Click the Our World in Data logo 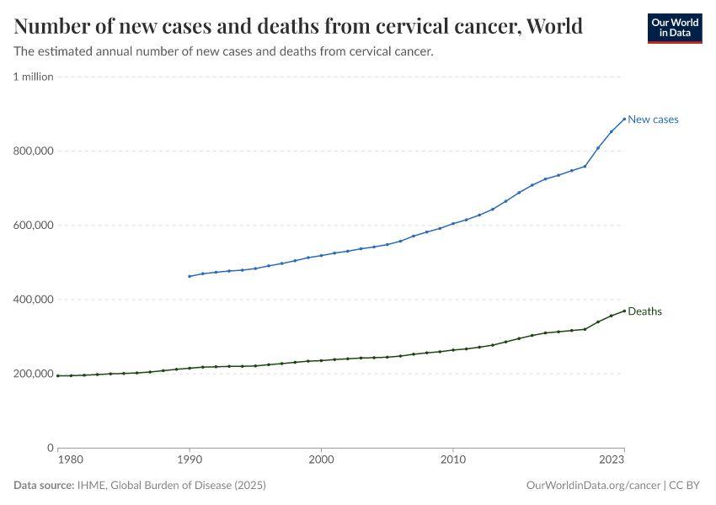tap(674, 28)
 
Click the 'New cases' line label tap(653, 120)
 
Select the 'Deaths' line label tap(644, 311)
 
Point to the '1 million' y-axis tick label tap(33, 77)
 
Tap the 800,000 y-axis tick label tap(33, 151)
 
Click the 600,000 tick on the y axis tap(33, 226)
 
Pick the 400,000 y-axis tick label tap(33, 300)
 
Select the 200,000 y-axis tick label tap(33, 374)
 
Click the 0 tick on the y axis tap(50, 448)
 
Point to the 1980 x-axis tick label tap(70, 460)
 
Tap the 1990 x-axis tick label tap(190, 460)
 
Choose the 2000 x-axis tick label tap(321, 460)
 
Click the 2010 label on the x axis tap(453, 460)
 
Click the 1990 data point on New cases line tap(190, 276)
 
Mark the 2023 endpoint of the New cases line tap(624, 119)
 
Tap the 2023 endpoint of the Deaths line tap(624, 311)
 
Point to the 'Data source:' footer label tap(44, 486)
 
